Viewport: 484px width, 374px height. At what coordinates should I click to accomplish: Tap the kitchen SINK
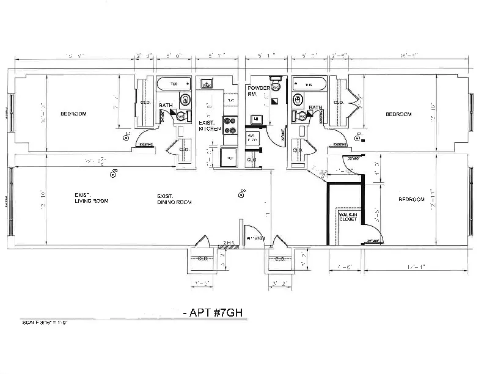tap(207, 84)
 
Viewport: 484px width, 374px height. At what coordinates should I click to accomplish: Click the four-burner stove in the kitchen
tap(230, 125)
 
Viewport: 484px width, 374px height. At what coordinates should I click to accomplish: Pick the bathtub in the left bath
tap(174, 84)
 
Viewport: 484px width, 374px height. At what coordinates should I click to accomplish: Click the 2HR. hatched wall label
tap(229, 243)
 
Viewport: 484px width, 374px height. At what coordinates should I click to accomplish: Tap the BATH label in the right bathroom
tap(315, 108)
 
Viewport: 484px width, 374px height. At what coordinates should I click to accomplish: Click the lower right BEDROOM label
tap(411, 199)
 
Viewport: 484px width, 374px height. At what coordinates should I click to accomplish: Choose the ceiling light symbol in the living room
tap(113, 175)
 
